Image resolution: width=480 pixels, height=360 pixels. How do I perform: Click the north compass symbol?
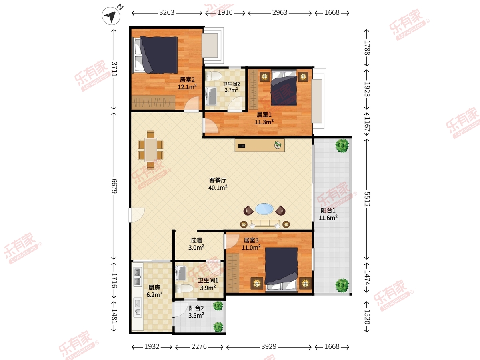coord(111,16)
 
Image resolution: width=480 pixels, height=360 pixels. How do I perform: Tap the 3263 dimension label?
coord(167,13)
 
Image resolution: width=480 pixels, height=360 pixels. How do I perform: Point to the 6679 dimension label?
coord(114,186)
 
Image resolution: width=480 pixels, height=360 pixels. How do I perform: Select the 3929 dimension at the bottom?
coord(269,346)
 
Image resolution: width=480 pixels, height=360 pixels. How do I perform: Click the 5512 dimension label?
coord(367,199)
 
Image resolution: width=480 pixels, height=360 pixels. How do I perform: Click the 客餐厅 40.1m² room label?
coord(218,184)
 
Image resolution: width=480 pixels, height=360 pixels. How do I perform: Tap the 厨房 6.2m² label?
coord(154,291)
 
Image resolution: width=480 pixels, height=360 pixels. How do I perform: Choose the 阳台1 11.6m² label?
coord(328,214)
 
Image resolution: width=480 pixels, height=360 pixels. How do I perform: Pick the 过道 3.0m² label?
coord(196,244)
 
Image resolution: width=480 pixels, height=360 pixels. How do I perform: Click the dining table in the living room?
coord(151,150)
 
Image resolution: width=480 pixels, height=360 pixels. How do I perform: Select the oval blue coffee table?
coord(264,209)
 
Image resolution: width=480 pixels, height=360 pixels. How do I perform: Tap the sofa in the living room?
coord(265,224)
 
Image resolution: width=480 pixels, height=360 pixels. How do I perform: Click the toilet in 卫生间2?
coord(213,76)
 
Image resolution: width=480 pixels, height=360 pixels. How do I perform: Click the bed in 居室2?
coord(155,55)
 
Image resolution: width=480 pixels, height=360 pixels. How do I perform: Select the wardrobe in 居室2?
coord(153,102)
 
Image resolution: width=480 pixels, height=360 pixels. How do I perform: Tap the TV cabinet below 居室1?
coord(260,145)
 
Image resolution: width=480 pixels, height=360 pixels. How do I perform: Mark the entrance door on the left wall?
coord(137,215)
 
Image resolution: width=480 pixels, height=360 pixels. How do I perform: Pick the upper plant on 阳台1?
coord(342,146)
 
